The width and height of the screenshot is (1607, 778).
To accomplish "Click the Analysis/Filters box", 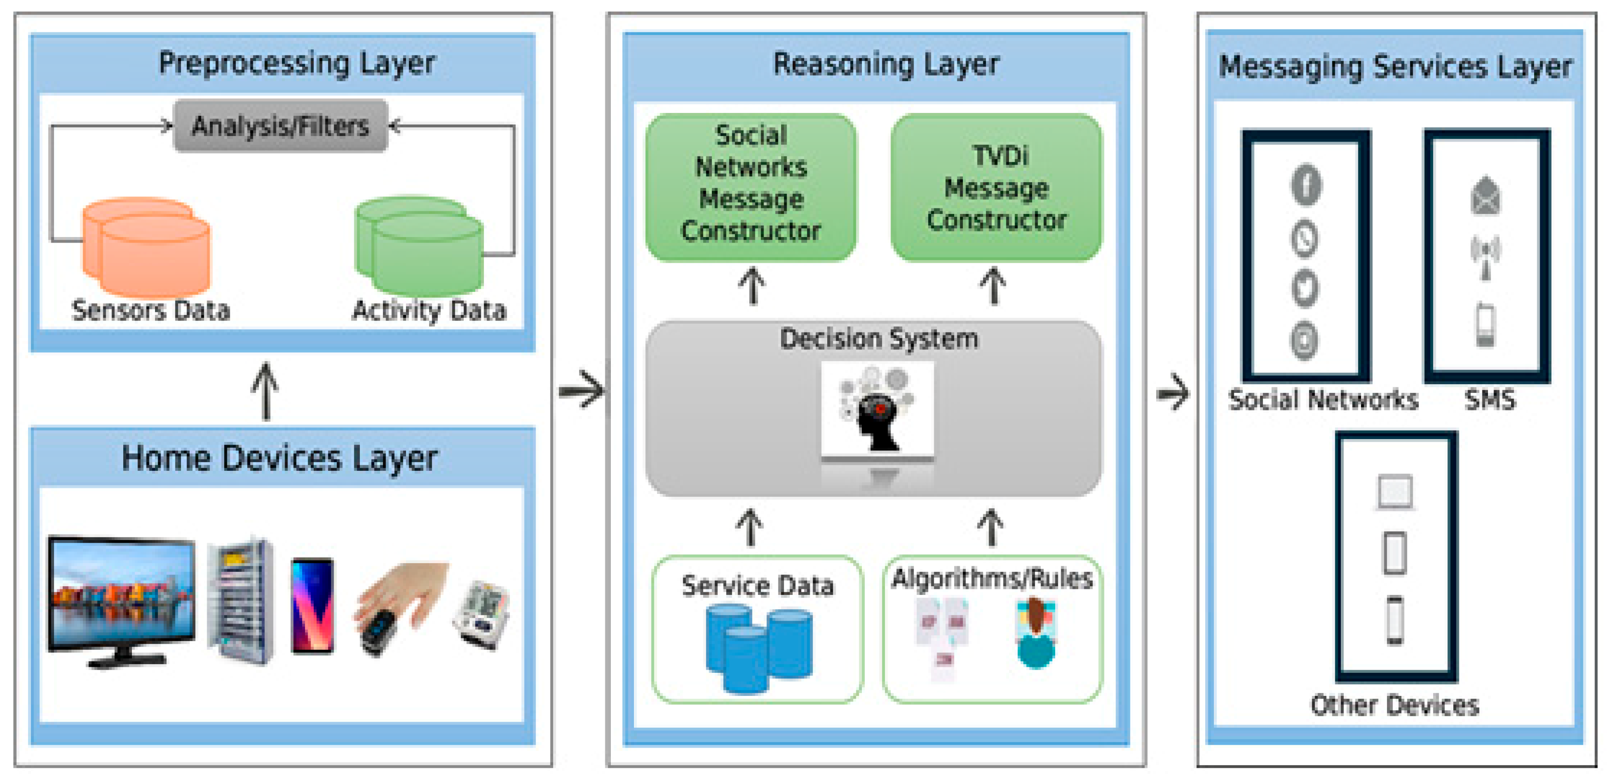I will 280,126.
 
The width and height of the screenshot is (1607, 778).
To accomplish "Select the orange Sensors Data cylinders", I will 147,247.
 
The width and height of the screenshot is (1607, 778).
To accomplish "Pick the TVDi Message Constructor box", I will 996,187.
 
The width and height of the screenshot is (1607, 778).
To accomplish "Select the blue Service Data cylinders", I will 759,648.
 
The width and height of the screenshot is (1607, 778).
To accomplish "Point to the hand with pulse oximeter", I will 399,608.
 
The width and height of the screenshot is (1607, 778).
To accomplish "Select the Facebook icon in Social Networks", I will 1306,184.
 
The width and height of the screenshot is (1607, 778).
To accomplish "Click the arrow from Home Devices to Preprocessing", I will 265,391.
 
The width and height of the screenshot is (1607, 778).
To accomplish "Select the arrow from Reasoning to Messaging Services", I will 1173,393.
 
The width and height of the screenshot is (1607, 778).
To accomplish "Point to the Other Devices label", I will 1394,705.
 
